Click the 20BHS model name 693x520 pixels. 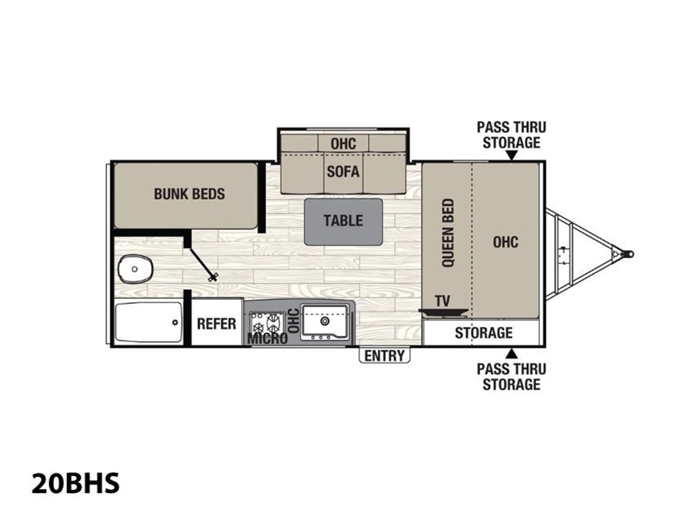(75, 483)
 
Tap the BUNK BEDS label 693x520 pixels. (189, 194)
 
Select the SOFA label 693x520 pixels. (343, 172)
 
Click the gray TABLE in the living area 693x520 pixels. (343, 222)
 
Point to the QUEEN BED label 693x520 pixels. (448, 232)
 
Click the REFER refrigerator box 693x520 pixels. (217, 322)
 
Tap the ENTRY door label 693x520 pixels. (384, 356)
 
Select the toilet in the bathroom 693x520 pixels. (136, 269)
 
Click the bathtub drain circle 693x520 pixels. (175, 322)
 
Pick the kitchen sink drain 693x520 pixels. (324, 321)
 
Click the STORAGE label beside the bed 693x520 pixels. (483, 333)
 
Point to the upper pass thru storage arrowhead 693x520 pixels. (512, 155)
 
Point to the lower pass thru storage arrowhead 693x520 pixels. (512, 354)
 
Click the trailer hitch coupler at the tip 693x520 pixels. (627, 254)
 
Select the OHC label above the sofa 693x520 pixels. (343, 144)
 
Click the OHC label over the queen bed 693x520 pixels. (505, 242)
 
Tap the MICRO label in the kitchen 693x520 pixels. (267, 339)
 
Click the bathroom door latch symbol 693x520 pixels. (213, 277)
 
